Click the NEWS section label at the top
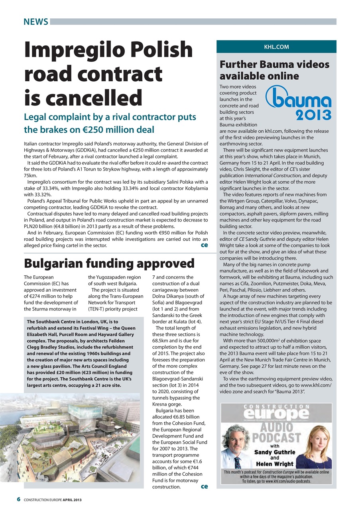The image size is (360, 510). click(35, 22)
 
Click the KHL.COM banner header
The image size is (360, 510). click(276, 47)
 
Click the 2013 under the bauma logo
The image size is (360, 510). click(313, 115)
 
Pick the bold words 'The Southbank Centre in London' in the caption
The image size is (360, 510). click(62, 321)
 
